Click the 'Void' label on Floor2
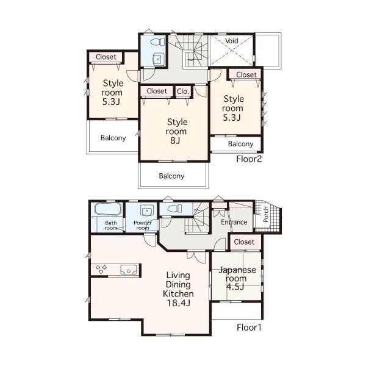point(232,41)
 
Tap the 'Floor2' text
point(249,159)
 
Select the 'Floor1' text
point(249,327)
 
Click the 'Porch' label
point(266,213)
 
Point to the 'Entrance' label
point(234,222)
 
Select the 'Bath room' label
point(110,225)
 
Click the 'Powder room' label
point(142,225)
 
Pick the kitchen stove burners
point(101,269)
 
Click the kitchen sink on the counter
point(129,269)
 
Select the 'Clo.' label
point(183,91)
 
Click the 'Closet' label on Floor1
point(244,242)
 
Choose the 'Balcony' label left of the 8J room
point(113,138)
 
